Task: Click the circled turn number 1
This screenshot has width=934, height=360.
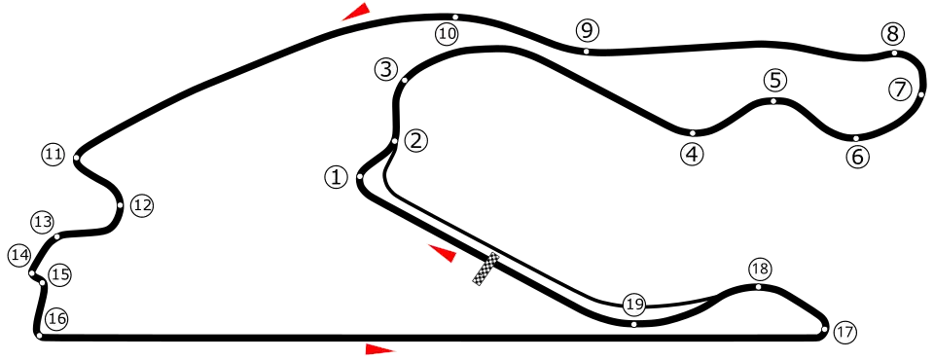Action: point(336,177)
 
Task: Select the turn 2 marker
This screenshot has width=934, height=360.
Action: point(416,141)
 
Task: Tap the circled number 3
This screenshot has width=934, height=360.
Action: point(386,69)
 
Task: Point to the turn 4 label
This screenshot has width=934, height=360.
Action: point(692,154)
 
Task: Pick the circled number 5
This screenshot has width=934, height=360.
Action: point(774,81)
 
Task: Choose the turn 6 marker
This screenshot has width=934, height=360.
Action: point(857,157)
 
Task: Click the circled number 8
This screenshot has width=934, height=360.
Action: point(893,34)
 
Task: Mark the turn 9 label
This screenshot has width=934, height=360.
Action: point(586,30)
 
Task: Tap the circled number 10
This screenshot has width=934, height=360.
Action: point(447,34)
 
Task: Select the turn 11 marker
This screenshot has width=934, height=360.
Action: point(53,154)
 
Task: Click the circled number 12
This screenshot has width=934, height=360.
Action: point(143,205)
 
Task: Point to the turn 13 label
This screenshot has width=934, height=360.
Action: point(42,222)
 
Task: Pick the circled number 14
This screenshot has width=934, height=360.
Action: point(19,255)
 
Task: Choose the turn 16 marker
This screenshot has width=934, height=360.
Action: point(56,318)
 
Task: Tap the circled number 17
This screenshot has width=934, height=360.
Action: point(844,333)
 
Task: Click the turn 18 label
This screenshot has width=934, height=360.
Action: point(759,269)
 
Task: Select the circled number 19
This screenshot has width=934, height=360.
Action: point(634,306)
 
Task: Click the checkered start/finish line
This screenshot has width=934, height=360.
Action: point(485,270)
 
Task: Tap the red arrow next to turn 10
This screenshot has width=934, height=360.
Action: point(355,12)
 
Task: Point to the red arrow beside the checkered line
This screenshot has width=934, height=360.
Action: point(441,252)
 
